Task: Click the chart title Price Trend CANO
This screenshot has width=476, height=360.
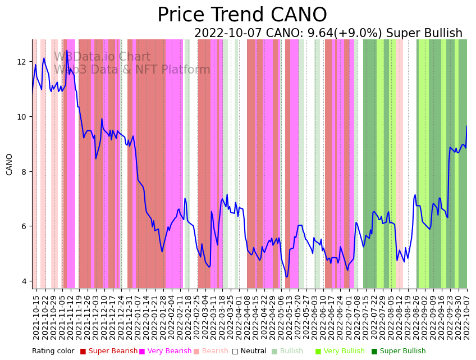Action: (242, 15)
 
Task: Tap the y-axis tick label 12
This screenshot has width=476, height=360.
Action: (22, 62)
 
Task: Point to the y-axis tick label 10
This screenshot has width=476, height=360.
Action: (22, 117)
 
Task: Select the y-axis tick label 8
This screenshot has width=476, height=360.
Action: (25, 172)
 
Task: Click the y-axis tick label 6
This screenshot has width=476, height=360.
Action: (25, 226)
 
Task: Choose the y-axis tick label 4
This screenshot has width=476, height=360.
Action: (25, 281)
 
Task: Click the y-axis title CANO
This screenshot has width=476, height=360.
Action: (10, 165)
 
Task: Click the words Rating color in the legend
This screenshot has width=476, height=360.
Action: (53, 352)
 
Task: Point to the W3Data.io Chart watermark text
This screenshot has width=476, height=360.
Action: (102, 57)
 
